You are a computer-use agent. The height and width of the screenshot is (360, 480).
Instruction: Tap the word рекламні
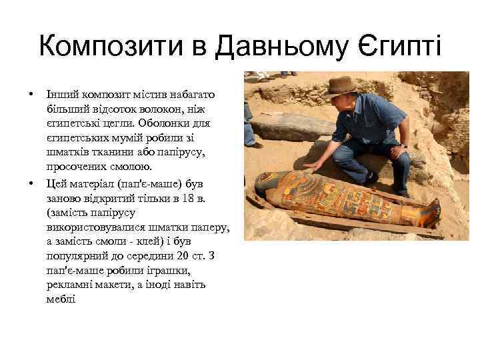[69, 285]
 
